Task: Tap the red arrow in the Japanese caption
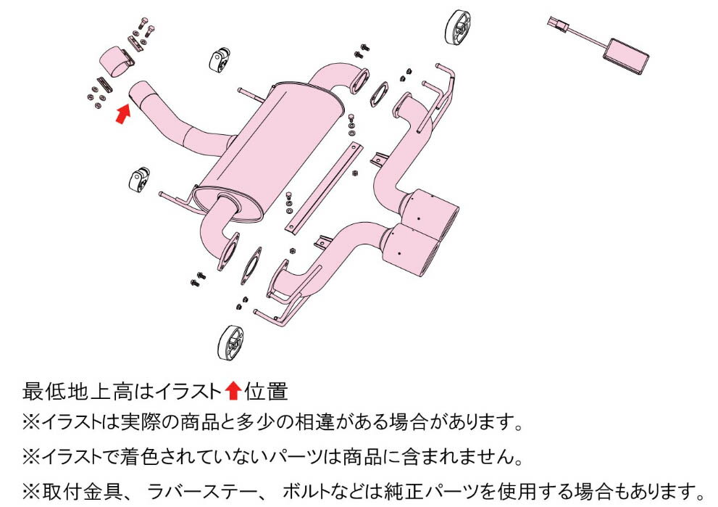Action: (233, 391)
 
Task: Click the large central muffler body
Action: (270, 152)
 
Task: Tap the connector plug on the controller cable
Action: (558, 24)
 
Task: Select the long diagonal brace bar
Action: (323, 188)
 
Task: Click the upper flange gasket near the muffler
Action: (380, 94)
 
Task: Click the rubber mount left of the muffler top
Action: (220, 59)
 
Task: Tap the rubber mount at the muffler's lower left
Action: (139, 179)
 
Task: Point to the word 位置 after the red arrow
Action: (266, 392)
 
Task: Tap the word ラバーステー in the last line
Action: (202, 492)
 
